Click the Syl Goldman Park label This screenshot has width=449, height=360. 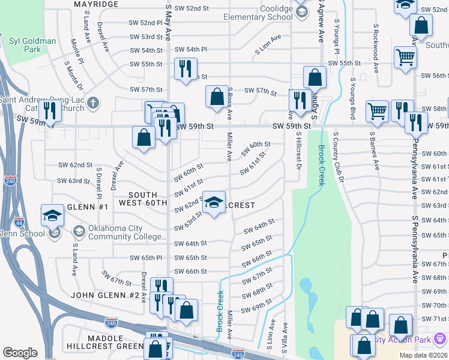pos(32,46)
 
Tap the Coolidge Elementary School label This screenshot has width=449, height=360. pos(259,13)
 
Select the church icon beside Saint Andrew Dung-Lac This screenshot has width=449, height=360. pos(92,103)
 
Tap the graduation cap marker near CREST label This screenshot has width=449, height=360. pos(214,203)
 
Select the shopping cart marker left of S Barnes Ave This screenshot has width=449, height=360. pos(377,111)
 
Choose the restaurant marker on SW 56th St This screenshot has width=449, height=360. pos(185,68)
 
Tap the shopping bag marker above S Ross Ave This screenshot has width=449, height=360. pos(216,97)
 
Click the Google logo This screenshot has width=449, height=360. pos(20,353)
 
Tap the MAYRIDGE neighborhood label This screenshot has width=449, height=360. pos(95,4)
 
